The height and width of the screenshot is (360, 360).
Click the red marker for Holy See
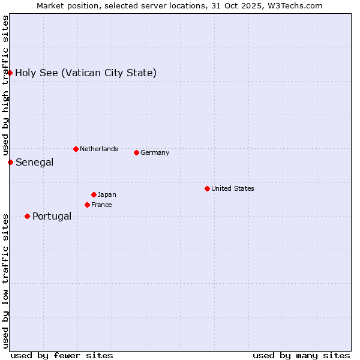point(10,73)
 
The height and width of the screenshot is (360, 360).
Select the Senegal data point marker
point(10,162)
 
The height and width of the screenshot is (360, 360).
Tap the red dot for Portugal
point(27,216)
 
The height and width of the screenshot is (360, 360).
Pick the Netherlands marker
point(76,149)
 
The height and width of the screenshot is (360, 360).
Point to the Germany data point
point(136,152)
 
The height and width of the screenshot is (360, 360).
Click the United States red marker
point(207,188)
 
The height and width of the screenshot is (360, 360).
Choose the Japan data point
point(94,194)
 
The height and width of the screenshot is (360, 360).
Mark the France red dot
point(87,205)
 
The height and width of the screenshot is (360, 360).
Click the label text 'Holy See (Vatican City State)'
point(86,73)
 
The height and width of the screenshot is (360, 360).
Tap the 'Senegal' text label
point(34,163)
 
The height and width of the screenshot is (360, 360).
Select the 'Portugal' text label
point(52,217)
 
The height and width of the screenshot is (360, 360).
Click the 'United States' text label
point(232,188)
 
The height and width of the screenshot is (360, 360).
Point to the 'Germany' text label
point(155,152)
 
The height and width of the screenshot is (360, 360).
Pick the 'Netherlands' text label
point(98,149)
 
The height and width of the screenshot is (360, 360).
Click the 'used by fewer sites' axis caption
point(62,355)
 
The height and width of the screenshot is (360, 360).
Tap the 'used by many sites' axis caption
point(301,355)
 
